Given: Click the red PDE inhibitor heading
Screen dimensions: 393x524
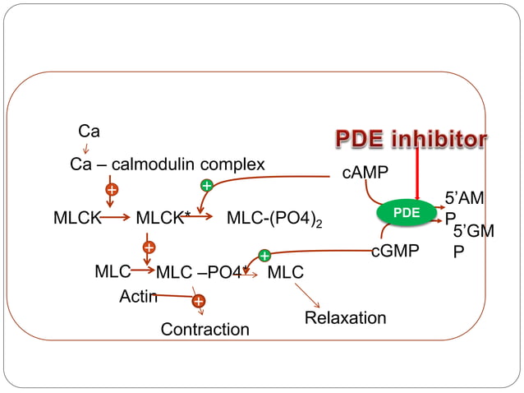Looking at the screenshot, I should (x=410, y=139).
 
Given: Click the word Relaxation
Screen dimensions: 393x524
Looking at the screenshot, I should (x=345, y=317).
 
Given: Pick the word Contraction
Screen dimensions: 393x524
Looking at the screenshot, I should (x=205, y=329).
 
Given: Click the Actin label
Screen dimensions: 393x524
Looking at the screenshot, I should (x=138, y=296).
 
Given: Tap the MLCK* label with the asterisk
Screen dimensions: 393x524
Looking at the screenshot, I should (x=163, y=218).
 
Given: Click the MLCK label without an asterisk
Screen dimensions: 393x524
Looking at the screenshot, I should (x=76, y=218).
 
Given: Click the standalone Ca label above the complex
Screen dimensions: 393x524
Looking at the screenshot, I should (x=89, y=131).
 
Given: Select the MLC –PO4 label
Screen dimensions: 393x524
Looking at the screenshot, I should (x=199, y=272).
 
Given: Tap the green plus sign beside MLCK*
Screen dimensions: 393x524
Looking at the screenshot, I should (x=207, y=186).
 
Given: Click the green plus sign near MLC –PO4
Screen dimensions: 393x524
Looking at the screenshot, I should (x=264, y=256).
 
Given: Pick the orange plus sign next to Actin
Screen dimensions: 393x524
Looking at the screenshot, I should (x=198, y=302).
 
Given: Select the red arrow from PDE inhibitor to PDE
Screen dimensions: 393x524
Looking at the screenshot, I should (x=417, y=175).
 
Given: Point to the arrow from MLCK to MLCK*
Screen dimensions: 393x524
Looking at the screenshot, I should (x=115, y=218).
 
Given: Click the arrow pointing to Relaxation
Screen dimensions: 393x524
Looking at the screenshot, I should (x=307, y=296).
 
